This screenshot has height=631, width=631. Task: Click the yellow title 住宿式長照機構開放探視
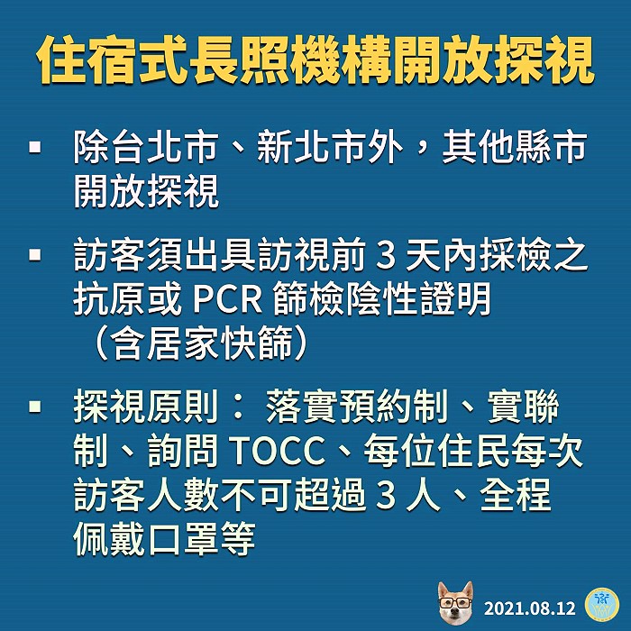coord(315,60)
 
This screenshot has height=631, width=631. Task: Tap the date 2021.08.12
coord(530,608)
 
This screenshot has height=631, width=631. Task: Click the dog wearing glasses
coord(455,602)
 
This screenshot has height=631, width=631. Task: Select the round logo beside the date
coord(601,604)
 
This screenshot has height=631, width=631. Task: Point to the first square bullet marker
coord(35,147)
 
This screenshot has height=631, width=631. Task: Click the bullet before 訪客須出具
coord(35,255)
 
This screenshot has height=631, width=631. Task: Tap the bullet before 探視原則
coord(35,406)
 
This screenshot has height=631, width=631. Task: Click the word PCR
coord(228,299)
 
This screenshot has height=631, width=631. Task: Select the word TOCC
coord(279,450)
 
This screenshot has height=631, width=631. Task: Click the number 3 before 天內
coord(386,256)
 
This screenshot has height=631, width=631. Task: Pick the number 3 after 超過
coord(386,495)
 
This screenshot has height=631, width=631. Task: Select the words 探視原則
coord(146,406)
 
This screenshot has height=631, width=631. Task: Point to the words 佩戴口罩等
coord(164,538)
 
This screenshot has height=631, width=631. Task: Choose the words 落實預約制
coord(357,406)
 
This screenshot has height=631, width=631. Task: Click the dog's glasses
coord(455,602)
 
